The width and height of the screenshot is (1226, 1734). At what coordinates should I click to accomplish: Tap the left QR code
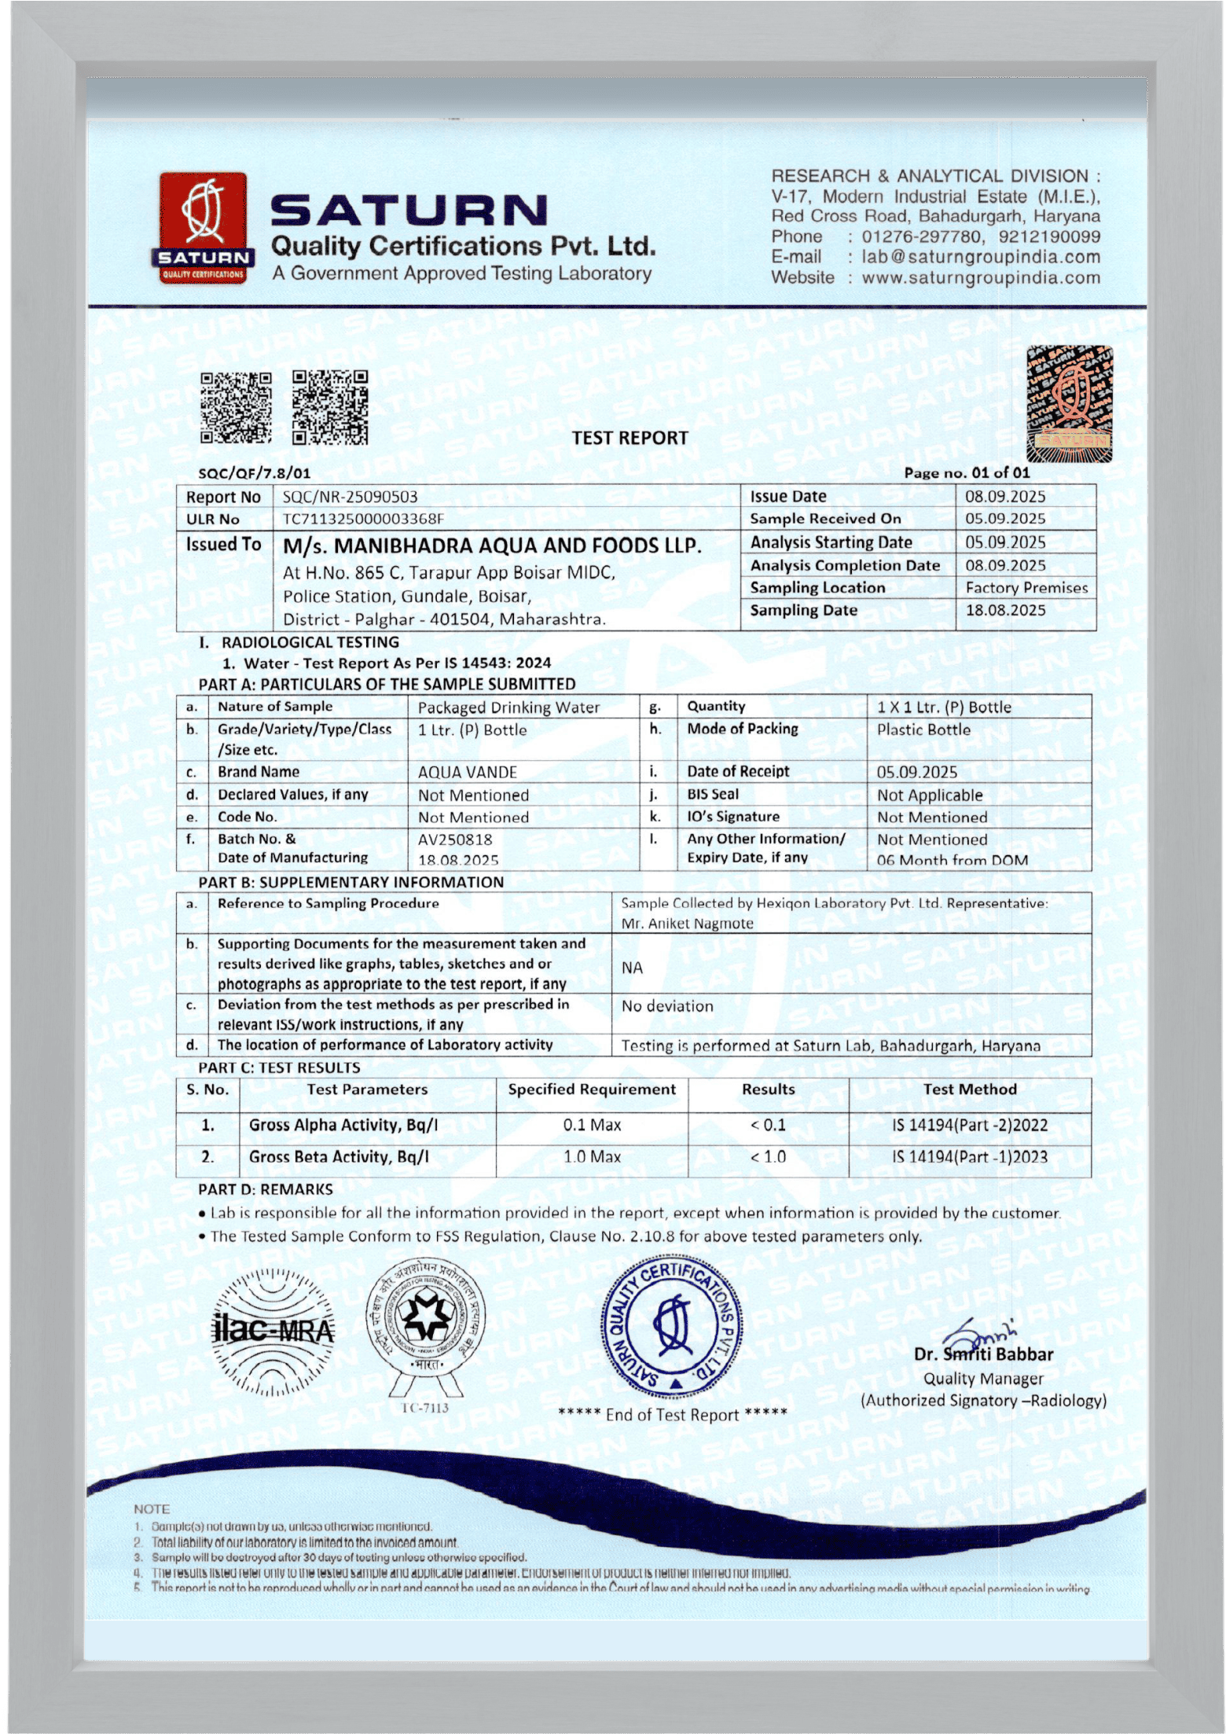tap(236, 407)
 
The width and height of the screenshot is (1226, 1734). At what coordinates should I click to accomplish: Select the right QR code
tap(330, 407)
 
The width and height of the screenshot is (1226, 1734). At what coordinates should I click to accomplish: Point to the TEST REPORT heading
tap(630, 438)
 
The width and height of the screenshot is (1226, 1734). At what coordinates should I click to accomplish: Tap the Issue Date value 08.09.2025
tap(1005, 496)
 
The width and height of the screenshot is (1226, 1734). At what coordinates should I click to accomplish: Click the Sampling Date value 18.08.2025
tap(1005, 610)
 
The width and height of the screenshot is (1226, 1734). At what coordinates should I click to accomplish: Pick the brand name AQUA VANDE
tap(468, 772)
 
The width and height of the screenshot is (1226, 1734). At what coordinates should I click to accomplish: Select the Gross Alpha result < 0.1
tap(768, 1125)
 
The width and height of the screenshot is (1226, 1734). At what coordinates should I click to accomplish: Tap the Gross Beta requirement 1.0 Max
tap(592, 1156)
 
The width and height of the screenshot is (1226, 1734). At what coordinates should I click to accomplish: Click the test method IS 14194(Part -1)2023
tap(969, 1156)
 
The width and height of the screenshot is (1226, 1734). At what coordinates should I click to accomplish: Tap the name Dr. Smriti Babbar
tap(983, 1354)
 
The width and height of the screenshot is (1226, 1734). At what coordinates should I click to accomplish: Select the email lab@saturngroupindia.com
tap(981, 256)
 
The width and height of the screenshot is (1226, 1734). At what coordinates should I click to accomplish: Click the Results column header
tap(768, 1089)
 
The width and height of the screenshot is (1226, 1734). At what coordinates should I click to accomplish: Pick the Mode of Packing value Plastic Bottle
tap(923, 729)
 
